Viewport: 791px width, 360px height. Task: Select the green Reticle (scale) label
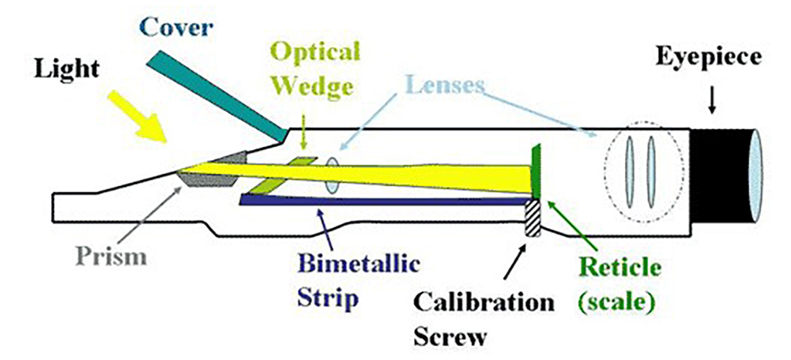tap(618, 284)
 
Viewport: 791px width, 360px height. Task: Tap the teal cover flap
tap(212, 96)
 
